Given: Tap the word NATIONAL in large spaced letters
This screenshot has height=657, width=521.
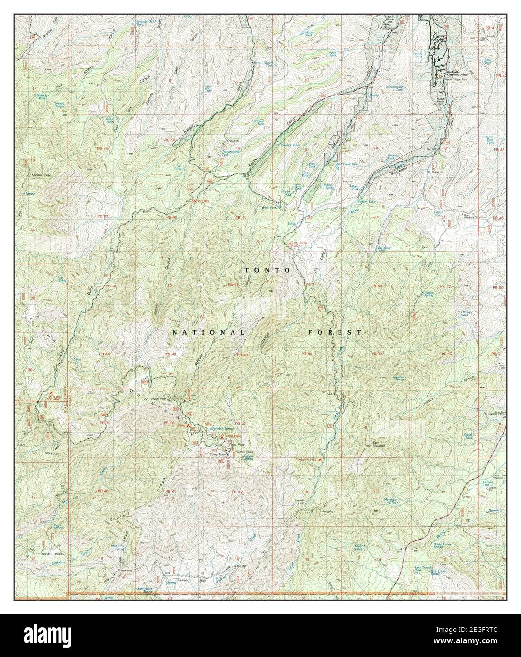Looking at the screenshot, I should coord(208,332).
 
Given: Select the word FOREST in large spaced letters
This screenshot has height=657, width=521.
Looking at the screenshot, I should coord(335,332).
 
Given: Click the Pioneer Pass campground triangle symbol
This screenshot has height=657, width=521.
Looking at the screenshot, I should coord(320,459).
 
